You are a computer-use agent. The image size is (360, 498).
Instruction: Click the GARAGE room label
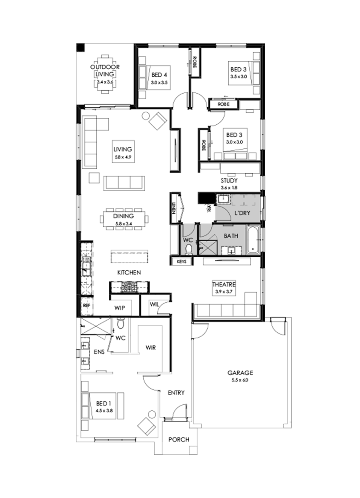tap(239, 372)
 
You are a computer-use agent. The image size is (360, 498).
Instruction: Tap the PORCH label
tap(178, 439)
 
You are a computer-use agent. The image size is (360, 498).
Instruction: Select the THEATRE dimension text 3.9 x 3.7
tap(224, 292)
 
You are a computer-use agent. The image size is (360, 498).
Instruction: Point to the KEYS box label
tap(182, 262)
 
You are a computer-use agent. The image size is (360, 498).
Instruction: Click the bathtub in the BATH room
tap(253, 240)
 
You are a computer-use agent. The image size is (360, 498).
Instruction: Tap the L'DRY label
tap(242, 213)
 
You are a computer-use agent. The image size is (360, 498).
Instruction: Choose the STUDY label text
tap(229, 180)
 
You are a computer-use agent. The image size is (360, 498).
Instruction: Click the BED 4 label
tap(159, 75)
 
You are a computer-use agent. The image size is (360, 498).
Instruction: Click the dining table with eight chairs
tap(124, 218)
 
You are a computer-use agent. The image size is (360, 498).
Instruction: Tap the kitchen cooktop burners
tap(129, 286)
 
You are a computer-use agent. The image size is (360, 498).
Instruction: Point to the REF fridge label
tap(86, 305)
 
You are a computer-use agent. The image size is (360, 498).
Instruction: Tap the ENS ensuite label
tap(99, 352)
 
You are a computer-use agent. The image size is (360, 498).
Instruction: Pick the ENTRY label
tap(176, 393)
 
